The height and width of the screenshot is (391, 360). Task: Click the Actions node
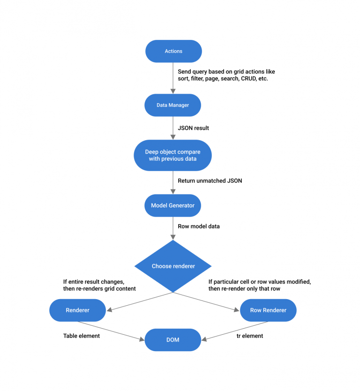(173, 51)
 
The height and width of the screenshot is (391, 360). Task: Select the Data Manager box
(173, 105)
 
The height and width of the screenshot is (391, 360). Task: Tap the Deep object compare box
(173, 155)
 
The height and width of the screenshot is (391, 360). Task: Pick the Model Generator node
(173, 205)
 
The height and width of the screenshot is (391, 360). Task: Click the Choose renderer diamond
(173, 266)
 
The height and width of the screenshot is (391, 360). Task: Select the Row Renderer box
(268, 310)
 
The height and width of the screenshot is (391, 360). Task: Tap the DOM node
(173, 339)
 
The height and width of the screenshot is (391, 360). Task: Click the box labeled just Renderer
(77, 310)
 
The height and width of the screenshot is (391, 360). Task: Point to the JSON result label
(193, 128)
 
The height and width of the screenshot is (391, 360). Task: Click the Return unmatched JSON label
(210, 180)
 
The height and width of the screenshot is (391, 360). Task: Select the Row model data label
(198, 226)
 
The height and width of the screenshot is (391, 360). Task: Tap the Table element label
(82, 336)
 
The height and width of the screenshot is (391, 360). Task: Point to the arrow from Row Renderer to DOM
(235, 331)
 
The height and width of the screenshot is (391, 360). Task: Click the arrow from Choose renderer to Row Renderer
(206, 301)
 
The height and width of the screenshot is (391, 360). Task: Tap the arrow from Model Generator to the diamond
(173, 228)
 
